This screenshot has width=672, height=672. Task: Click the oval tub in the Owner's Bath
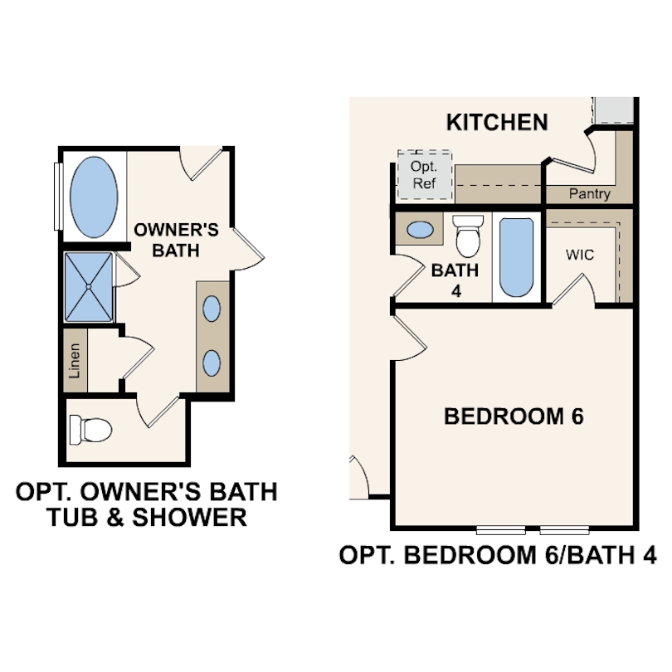tap(94, 197)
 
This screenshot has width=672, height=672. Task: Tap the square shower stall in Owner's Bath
tap(89, 287)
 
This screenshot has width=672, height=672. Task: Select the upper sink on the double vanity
tap(212, 309)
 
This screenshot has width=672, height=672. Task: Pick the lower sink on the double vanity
tap(212, 363)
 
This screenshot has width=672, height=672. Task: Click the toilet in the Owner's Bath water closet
tap(90, 429)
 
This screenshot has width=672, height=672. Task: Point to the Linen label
tap(75, 361)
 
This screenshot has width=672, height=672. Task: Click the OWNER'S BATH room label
tap(176, 240)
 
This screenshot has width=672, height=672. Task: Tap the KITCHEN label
tap(497, 122)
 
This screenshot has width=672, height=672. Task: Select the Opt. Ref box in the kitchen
tap(425, 175)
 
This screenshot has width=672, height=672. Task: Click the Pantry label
tap(590, 193)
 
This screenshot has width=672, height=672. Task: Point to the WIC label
tap(580, 255)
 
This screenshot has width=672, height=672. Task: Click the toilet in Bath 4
tap(468, 236)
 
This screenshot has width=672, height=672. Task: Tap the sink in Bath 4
tap(420, 230)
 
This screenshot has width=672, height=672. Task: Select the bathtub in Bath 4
tap(516, 257)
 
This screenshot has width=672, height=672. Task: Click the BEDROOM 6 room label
tap(514, 416)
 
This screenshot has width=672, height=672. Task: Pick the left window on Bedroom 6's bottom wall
tap(500, 530)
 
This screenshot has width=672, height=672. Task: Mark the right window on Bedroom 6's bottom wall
tap(564, 530)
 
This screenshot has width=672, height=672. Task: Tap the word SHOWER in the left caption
tap(190, 517)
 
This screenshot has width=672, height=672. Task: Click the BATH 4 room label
tap(455, 280)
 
